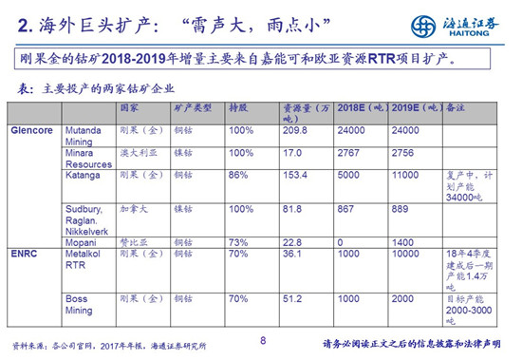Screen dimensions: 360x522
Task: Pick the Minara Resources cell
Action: (88, 157)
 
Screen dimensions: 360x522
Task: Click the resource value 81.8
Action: (293, 208)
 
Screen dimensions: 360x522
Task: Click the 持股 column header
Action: (239, 109)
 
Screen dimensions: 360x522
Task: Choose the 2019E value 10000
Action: (406, 254)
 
